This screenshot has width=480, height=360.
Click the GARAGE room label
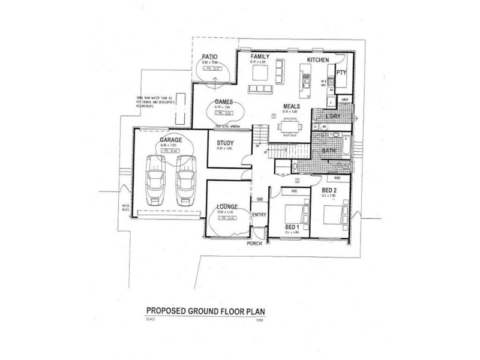[x=172, y=139]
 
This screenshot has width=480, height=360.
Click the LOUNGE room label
[x=227, y=206]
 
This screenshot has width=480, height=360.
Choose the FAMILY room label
[x=259, y=56]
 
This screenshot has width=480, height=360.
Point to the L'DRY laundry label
[x=332, y=116]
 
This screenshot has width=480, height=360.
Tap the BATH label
[x=329, y=151]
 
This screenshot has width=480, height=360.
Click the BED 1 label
[x=292, y=227]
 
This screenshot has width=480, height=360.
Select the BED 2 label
[x=328, y=190]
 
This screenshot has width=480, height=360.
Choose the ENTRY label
[x=259, y=215]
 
